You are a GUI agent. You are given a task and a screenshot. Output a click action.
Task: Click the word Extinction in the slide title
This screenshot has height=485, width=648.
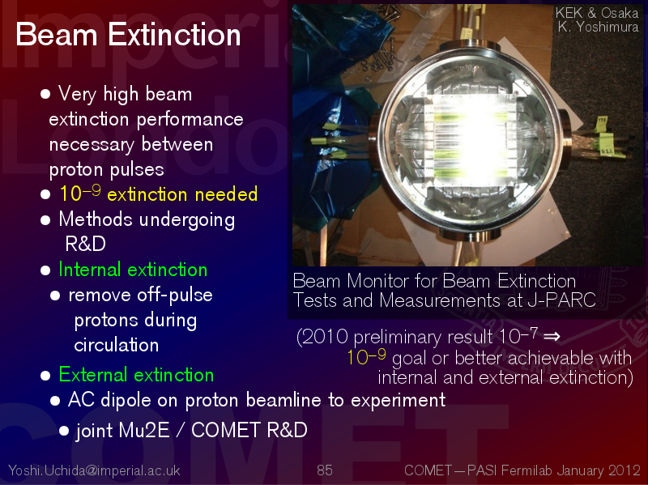click(174, 35)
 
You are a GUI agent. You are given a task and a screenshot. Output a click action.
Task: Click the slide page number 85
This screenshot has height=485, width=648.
click(325, 470)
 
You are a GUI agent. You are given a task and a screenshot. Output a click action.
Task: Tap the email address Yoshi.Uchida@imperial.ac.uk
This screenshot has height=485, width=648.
click(94, 470)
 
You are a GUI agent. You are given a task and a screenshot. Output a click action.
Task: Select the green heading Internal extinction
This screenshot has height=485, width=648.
click(133, 270)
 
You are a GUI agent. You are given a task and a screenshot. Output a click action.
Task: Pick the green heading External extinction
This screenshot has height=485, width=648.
click(136, 375)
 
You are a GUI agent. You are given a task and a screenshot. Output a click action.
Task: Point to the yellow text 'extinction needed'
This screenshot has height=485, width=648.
click(182, 194)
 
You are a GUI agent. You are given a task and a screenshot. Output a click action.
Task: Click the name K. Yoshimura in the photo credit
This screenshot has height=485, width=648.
click(598, 28)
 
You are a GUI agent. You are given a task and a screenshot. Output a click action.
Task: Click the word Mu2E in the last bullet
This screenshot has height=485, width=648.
click(144, 430)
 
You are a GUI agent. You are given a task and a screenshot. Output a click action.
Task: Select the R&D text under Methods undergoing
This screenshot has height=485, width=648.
click(85, 244)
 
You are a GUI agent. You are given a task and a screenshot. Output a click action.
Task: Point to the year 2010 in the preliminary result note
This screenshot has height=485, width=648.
click(326, 337)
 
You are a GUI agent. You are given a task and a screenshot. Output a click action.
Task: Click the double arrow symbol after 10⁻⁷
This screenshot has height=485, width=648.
click(552, 337)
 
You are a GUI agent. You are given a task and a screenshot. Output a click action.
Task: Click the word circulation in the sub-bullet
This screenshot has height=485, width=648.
click(116, 346)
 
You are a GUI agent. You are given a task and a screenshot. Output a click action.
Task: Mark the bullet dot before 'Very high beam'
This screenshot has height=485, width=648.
click(45, 94)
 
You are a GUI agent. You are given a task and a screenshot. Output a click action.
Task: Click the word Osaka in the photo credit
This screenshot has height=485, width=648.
click(620, 13)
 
